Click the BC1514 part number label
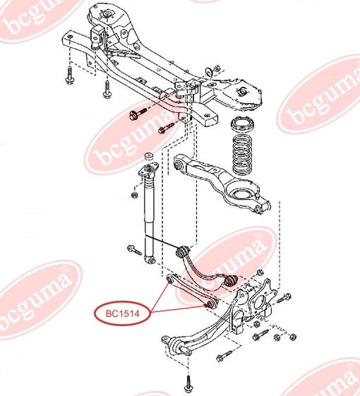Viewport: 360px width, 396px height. point(123,313)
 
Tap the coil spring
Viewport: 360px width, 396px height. point(243,155)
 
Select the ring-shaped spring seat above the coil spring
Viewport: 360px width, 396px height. point(243,124)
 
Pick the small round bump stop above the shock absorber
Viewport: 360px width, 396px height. point(150,156)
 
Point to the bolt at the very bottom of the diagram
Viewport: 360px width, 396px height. point(188,385)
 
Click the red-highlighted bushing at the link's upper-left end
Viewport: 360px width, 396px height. point(170,279)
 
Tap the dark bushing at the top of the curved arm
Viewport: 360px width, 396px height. point(183,251)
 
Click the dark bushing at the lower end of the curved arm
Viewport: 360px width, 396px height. point(232,281)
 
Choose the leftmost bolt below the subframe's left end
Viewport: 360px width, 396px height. point(69,75)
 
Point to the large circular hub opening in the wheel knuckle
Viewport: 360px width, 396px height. point(260,302)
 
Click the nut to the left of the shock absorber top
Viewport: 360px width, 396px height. point(134,195)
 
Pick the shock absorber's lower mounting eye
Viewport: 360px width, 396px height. point(150,259)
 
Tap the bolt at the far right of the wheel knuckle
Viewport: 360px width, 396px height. point(284,298)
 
